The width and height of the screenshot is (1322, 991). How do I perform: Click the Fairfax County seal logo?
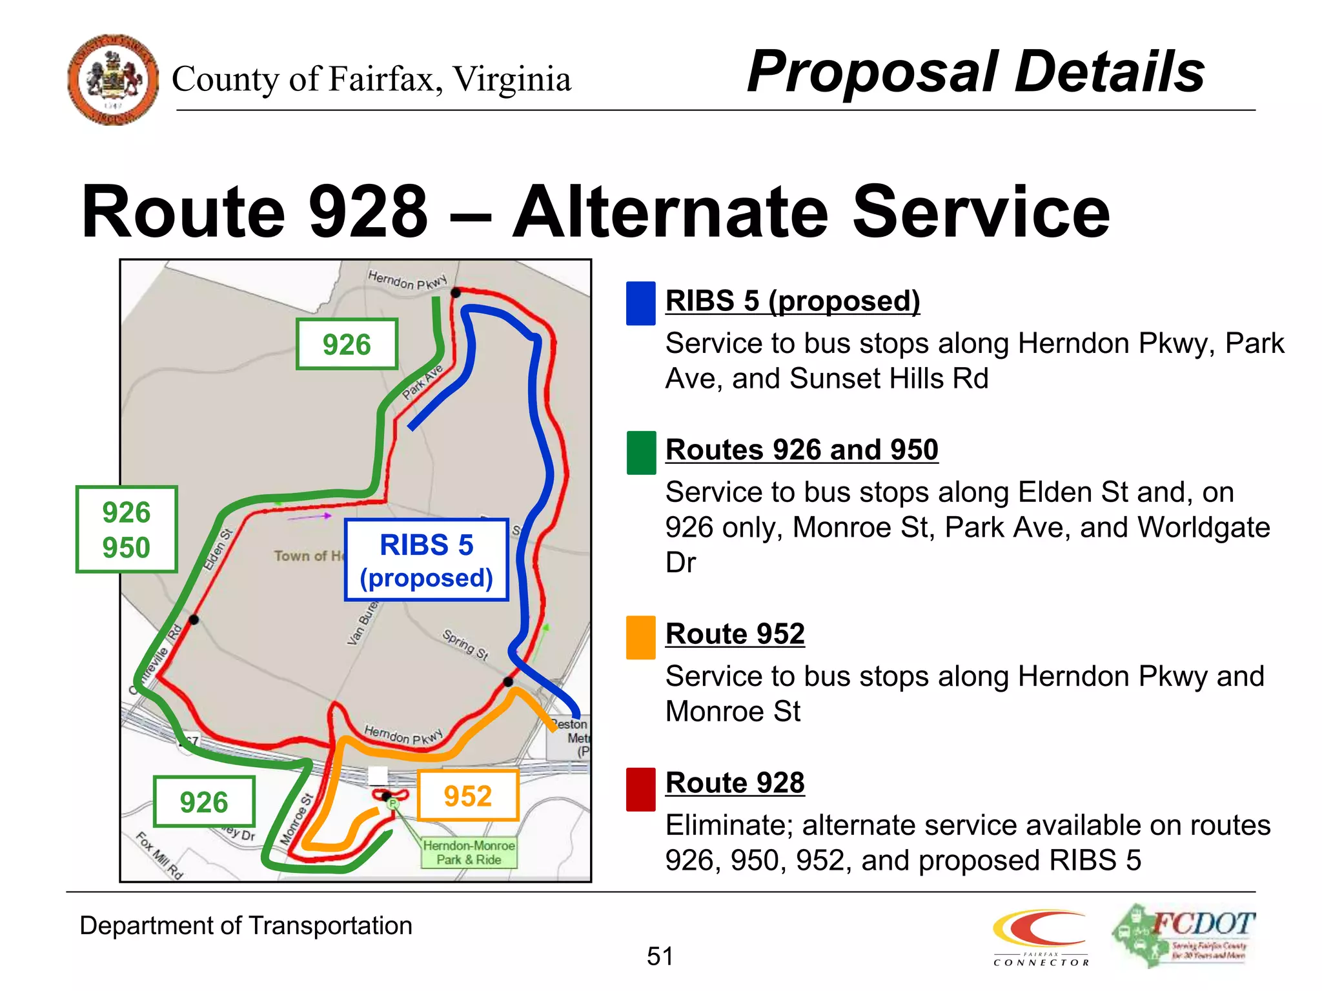(x=113, y=79)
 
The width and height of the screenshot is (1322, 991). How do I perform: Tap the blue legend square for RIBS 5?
(x=641, y=303)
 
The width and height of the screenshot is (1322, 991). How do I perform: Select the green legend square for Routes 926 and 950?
(x=641, y=453)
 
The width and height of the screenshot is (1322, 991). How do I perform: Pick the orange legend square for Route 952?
(x=641, y=637)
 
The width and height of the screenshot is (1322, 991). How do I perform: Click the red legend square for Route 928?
(x=641, y=789)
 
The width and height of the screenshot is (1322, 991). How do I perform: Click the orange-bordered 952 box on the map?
(x=468, y=796)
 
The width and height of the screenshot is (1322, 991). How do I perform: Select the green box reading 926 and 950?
(x=127, y=530)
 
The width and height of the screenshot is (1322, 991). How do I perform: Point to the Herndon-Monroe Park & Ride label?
(x=469, y=852)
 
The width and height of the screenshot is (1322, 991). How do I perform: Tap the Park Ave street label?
(x=422, y=382)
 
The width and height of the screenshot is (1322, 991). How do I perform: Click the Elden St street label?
(x=218, y=550)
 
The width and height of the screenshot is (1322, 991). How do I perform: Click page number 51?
(x=660, y=956)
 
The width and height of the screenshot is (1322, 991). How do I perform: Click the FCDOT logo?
(x=1183, y=935)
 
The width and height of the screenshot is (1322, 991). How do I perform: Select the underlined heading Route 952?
(x=735, y=634)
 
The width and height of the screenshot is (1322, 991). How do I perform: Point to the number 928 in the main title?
(x=369, y=212)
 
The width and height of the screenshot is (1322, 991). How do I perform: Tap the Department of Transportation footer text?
(x=245, y=926)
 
